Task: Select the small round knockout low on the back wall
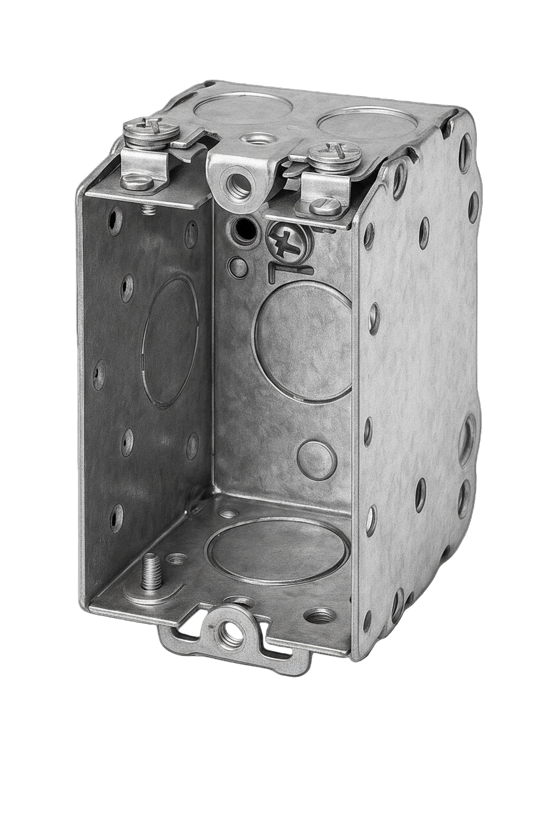click(x=317, y=460)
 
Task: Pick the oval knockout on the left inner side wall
click(x=170, y=341)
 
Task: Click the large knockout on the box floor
click(x=277, y=551)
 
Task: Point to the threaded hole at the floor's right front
click(x=320, y=615)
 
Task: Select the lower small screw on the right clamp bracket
click(x=325, y=207)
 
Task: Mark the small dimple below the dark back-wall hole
click(x=239, y=267)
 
